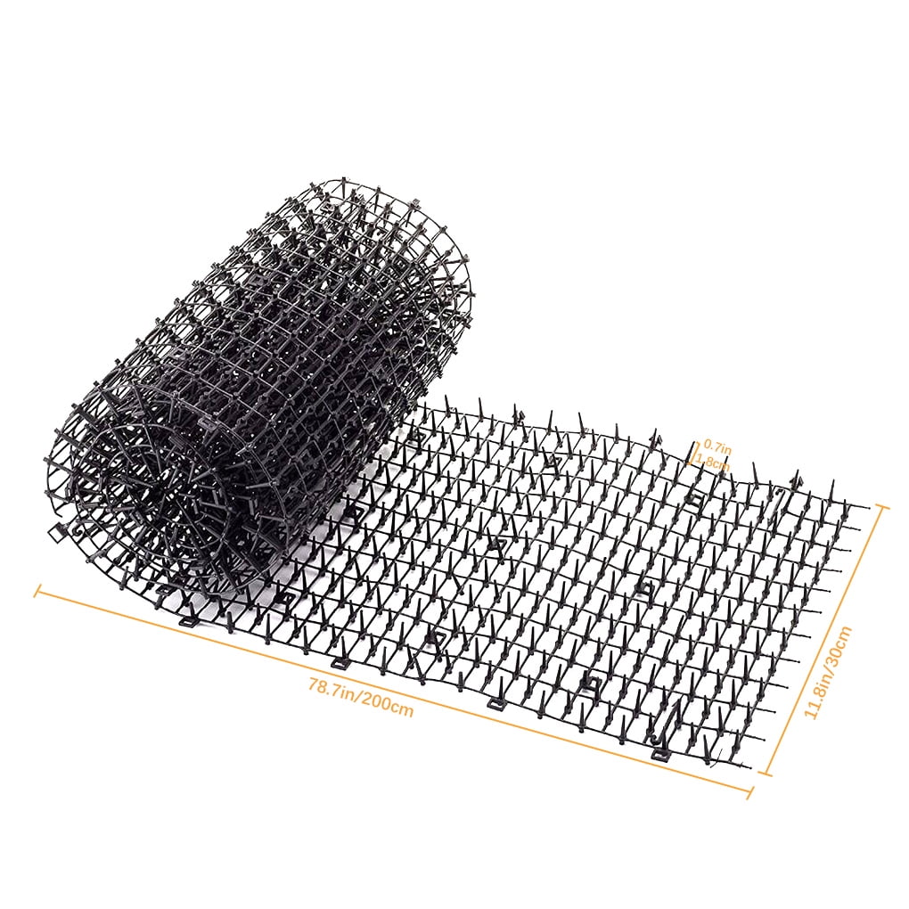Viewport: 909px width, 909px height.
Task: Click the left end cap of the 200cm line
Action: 37,590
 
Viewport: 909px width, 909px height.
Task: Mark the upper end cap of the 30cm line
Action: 883,506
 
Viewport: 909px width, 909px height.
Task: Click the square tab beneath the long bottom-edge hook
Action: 659,754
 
